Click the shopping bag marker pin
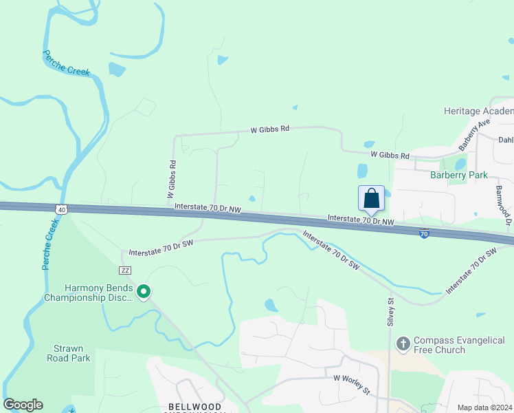pyautogui.click(x=371, y=198)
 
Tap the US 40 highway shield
pyautogui.click(x=61, y=209)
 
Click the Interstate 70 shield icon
pyautogui.click(x=425, y=235)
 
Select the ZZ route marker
pyautogui.click(x=125, y=271)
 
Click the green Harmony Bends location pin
pyautogui.click(x=144, y=293)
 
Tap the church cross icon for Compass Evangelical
pyautogui.click(x=403, y=342)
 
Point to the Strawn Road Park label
pyautogui.click(x=69, y=353)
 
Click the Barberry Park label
pyautogui.click(x=458, y=176)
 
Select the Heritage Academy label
pyautogui.click(x=478, y=112)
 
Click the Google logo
pyautogui.click(x=23, y=405)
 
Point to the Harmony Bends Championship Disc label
pyautogui.click(x=88, y=293)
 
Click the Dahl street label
pyautogui.click(x=506, y=140)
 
